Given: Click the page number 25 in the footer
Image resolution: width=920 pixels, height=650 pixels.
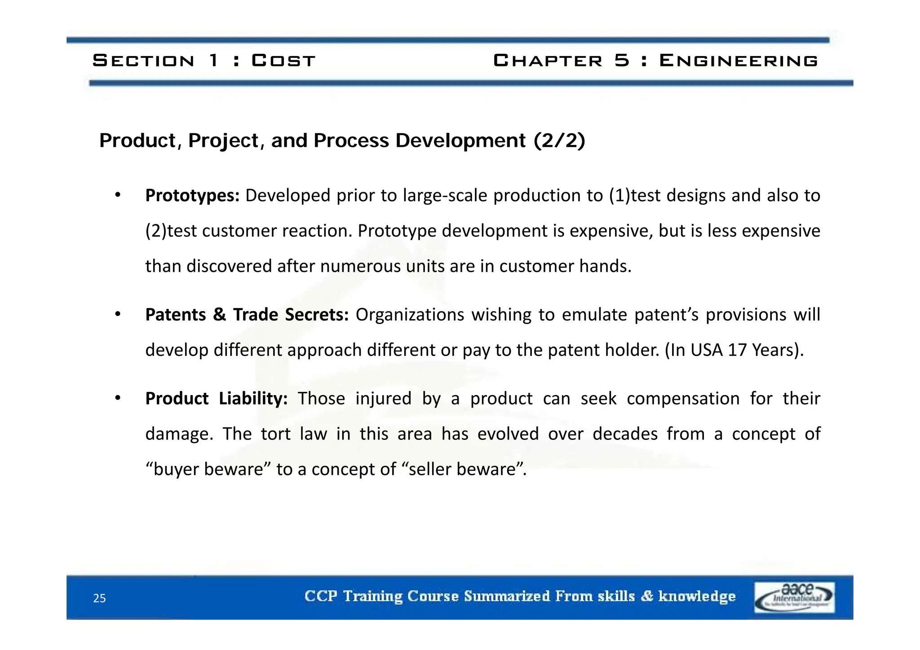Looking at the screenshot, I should point(99,598).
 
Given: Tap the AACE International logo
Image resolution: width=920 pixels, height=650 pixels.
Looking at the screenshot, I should point(794,597).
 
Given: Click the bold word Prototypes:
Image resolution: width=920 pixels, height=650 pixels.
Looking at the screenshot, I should point(192,196).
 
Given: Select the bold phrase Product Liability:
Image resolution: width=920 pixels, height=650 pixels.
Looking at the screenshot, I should point(216,399).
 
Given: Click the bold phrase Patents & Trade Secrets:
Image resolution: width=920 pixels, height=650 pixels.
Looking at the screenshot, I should point(247,315).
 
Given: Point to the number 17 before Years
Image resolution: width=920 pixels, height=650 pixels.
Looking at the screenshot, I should point(737,350).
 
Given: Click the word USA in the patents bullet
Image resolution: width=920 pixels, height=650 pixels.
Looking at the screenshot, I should point(706,350).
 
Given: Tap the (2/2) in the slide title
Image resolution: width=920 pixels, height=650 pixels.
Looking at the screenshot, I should point(559,141).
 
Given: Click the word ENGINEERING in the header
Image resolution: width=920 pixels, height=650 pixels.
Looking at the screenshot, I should point(738,61).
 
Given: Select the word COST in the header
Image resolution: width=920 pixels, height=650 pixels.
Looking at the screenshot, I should point(283,61).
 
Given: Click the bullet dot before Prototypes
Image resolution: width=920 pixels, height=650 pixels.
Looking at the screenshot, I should point(118,195).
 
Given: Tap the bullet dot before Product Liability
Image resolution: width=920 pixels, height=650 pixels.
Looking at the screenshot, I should point(118,398).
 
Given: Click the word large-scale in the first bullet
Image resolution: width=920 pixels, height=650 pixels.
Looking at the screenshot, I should point(445,196).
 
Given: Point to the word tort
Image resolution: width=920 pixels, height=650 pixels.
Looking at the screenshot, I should point(275,434).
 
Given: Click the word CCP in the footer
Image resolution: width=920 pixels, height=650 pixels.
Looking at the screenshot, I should point(321,596).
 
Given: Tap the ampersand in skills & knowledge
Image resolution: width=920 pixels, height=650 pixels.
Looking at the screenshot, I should point(647,596).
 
